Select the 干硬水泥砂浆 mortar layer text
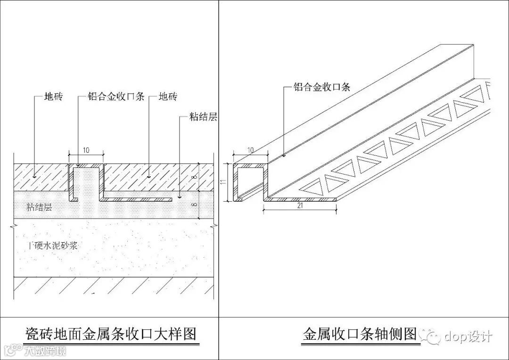(52, 245)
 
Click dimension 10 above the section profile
(86, 150)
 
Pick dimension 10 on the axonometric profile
(250, 150)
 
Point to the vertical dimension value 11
(226, 181)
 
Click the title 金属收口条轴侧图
(359, 335)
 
